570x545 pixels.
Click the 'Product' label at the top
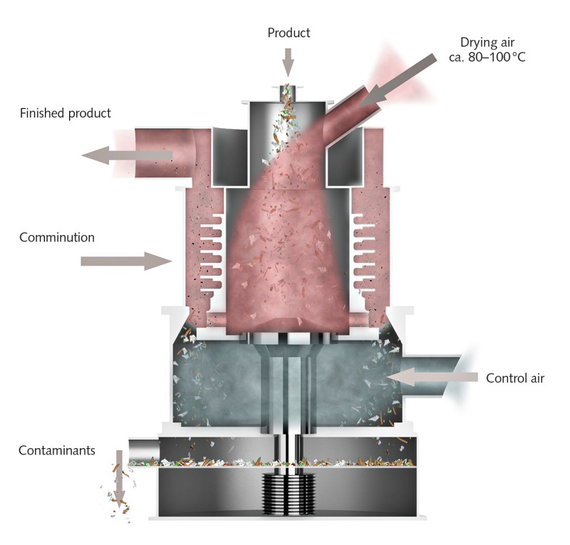(x=289, y=33)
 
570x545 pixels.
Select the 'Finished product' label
(x=66, y=113)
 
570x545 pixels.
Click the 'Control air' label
(x=514, y=378)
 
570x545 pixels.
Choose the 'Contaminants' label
(x=57, y=450)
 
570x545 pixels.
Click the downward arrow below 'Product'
(x=288, y=61)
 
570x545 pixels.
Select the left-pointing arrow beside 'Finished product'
(x=125, y=154)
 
